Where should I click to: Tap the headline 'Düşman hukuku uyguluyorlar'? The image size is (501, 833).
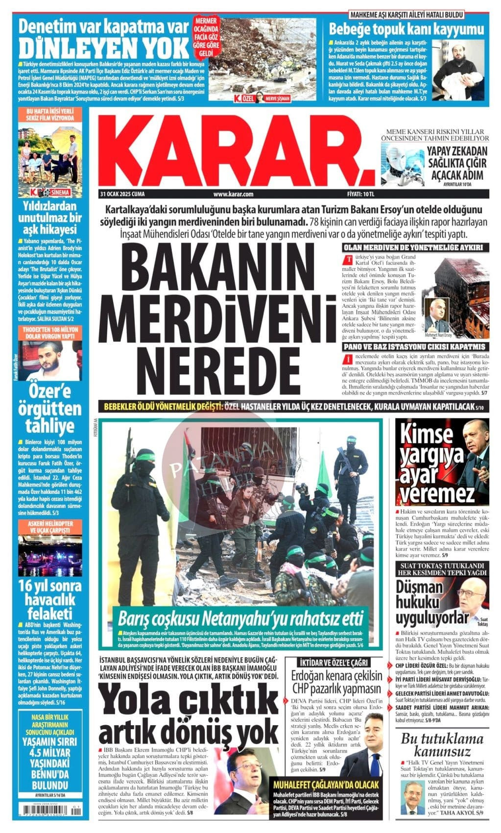pos(426,602)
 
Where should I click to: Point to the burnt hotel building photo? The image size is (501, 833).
pos(461,297)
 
